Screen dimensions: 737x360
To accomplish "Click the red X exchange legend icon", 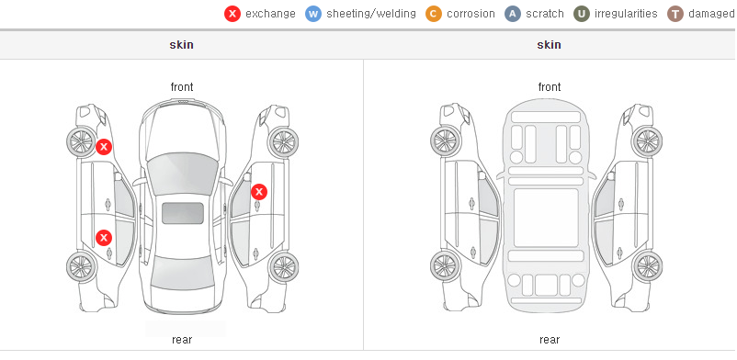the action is pyautogui.click(x=232, y=14).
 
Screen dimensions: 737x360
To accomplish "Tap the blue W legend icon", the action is pyautogui.click(x=313, y=14).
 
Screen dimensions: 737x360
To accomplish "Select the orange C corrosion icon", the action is pyautogui.click(x=434, y=14).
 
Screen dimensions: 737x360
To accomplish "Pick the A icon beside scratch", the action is pyautogui.click(x=513, y=14).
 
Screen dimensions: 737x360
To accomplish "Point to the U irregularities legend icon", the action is pyautogui.click(x=582, y=14).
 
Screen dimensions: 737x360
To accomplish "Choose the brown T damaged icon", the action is pyautogui.click(x=675, y=14).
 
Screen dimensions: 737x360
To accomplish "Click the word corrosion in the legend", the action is pyautogui.click(x=471, y=14).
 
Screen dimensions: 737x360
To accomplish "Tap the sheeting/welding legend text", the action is pyautogui.click(x=371, y=14).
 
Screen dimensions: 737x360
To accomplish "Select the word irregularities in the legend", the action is pyautogui.click(x=626, y=14).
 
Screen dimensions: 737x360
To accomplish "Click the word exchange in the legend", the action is pyautogui.click(x=270, y=14).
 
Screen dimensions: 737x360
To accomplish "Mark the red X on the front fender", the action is pyautogui.click(x=104, y=147).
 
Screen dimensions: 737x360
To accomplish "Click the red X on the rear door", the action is pyautogui.click(x=104, y=238).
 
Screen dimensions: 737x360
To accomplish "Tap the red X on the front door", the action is pyautogui.click(x=259, y=192).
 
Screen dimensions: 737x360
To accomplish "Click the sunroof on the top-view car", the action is pyautogui.click(x=183, y=213).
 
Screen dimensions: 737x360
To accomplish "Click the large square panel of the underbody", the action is pyautogui.click(x=546, y=218).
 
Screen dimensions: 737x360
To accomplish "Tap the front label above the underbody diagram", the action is pyautogui.click(x=550, y=87).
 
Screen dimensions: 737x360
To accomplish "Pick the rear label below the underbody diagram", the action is pyautogui.click(x=550, y=339).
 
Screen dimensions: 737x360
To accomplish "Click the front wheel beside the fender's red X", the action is pyautogui.click(x=81, y=141).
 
